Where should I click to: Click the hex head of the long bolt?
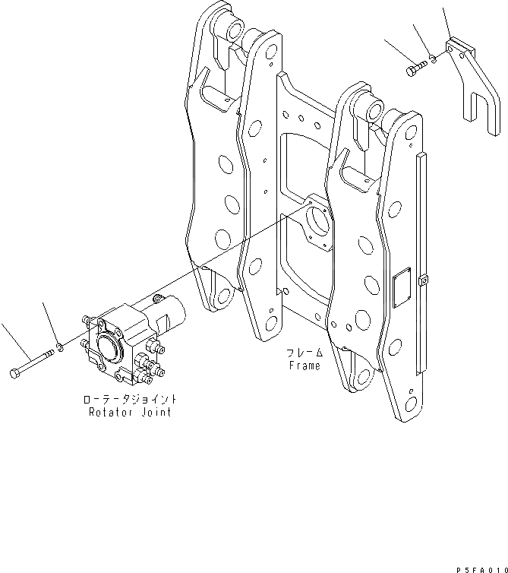coord(16,373)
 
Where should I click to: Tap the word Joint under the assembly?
coord(154,412)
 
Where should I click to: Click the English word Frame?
coord(304,366)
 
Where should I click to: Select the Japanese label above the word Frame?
coord(304,353)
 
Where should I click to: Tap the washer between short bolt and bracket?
coord(432,58)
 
